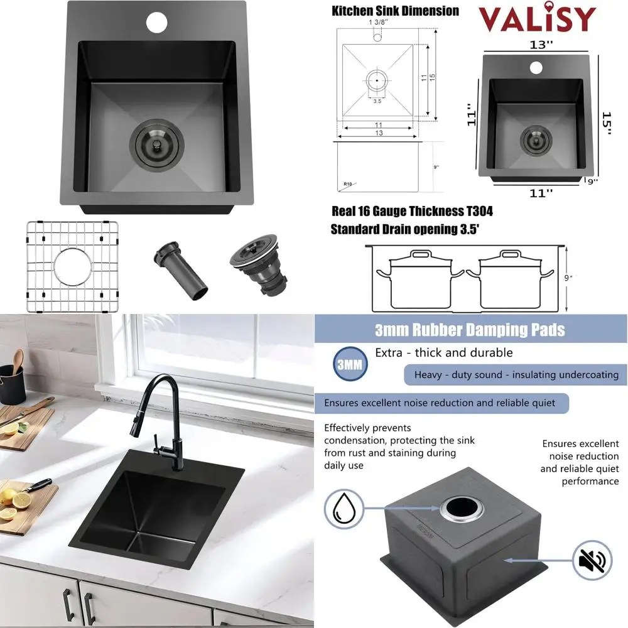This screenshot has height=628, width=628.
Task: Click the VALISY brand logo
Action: click(537, 19)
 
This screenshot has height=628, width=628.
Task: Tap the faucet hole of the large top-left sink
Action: click(157, 21)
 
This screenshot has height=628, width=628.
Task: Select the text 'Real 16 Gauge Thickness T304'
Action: click(411, 212)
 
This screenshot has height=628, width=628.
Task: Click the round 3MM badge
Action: click(350, 364)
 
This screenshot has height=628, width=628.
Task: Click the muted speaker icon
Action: click(592, 560)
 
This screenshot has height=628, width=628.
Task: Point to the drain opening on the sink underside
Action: click(462, 507)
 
